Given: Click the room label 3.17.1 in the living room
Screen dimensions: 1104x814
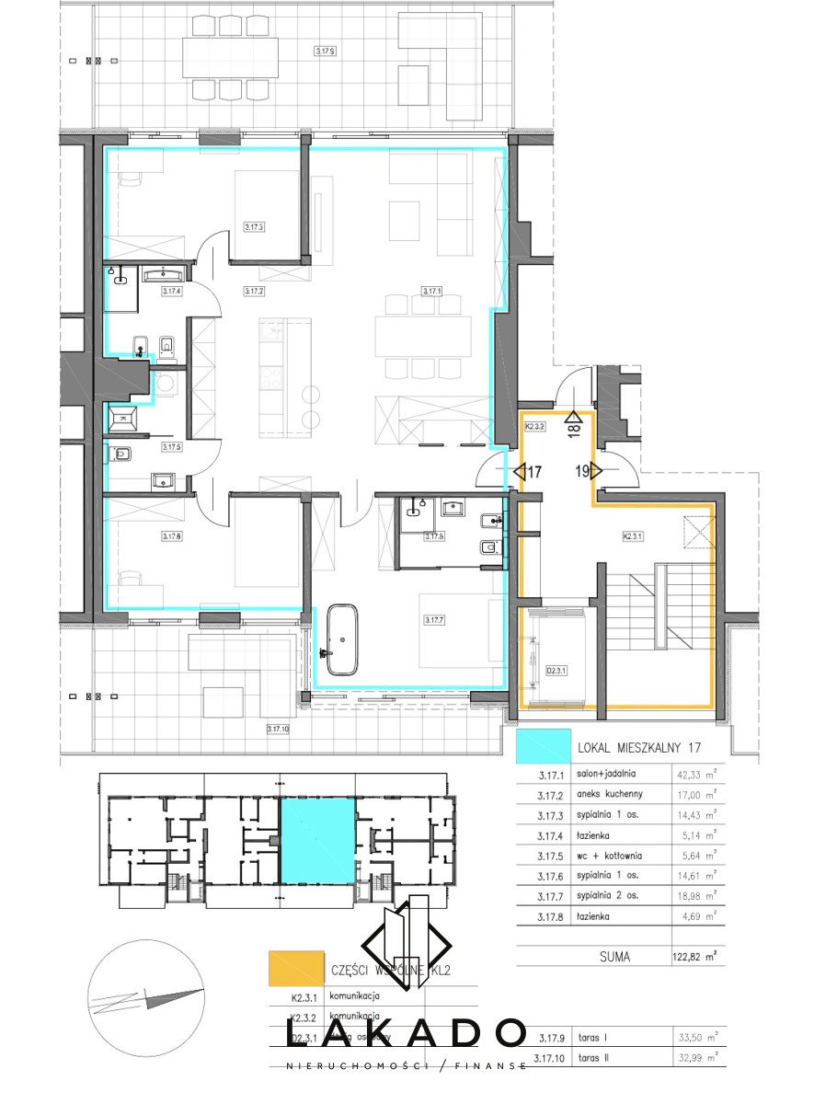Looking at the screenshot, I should point(432,292).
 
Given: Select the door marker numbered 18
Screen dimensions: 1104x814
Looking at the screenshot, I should point(575,430).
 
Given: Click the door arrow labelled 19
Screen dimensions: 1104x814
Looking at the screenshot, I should point(585,471).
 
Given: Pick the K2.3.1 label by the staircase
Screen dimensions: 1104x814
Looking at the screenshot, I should point(632,534).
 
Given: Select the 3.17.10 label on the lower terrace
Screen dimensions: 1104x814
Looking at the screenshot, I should point(278,729).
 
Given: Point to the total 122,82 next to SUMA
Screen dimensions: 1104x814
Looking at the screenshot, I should point(694,956).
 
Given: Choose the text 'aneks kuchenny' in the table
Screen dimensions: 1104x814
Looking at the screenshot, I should point(608,794).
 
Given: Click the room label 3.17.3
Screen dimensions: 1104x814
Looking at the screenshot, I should point(254,226).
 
